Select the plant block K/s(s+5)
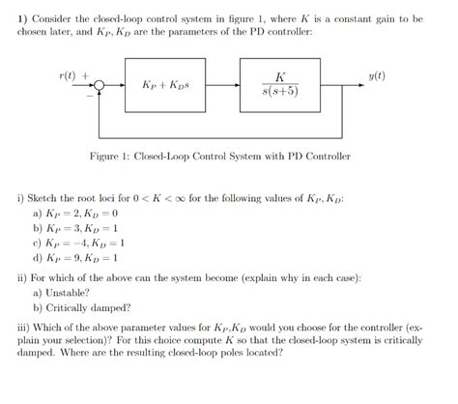coord(279,85)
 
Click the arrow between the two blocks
coord(227,85)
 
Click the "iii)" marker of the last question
coord(23,326)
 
